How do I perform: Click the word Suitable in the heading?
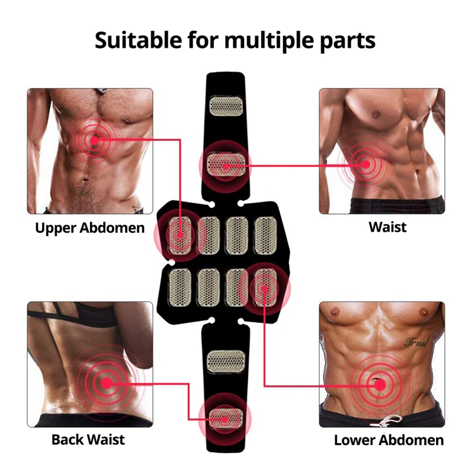point(139,40)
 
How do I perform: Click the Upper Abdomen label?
point(90,228)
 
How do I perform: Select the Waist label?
point(387,227)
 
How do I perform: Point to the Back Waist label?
point(88,440)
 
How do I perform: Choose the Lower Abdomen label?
point(389,440)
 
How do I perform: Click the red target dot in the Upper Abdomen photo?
point(95,140)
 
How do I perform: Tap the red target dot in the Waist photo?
point(366,165)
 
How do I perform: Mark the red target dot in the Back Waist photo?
point(107,383)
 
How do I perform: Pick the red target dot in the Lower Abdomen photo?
point(380,385)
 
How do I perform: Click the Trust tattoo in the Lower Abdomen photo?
point(417,342)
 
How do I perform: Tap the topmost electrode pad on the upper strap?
point(226,106)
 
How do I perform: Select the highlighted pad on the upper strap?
point(226,165)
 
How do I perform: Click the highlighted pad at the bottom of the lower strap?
point(225,419)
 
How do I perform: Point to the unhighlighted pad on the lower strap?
point(226,361)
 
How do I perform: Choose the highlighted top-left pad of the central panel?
point(180,235)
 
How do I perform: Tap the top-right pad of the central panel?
point(265,235)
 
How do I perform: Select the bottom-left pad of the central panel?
point(180,287)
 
